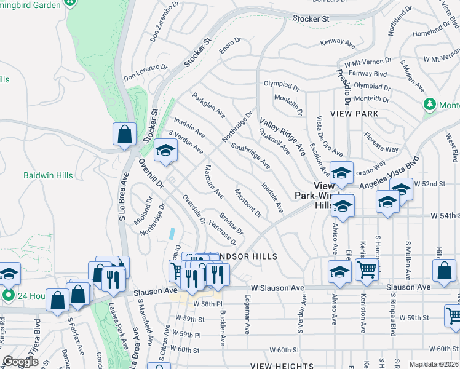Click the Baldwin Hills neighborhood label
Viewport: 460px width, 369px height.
[48, 175]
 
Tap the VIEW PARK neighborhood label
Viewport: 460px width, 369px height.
[354, 114]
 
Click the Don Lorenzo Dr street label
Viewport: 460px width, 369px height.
[146, 73]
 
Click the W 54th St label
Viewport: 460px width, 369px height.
[443, 216]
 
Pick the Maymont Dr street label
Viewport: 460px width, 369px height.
[248, 204]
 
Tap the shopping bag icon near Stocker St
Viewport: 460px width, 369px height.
[124, 133]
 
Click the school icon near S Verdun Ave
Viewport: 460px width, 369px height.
[165, 149]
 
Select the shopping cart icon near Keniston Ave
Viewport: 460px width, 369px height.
[367, 269]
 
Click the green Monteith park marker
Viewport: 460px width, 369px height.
[429, 105]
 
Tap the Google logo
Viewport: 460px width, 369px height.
[20, 362]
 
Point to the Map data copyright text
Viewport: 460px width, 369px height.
[434, 364]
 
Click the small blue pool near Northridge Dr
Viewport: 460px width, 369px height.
[173, 234]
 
